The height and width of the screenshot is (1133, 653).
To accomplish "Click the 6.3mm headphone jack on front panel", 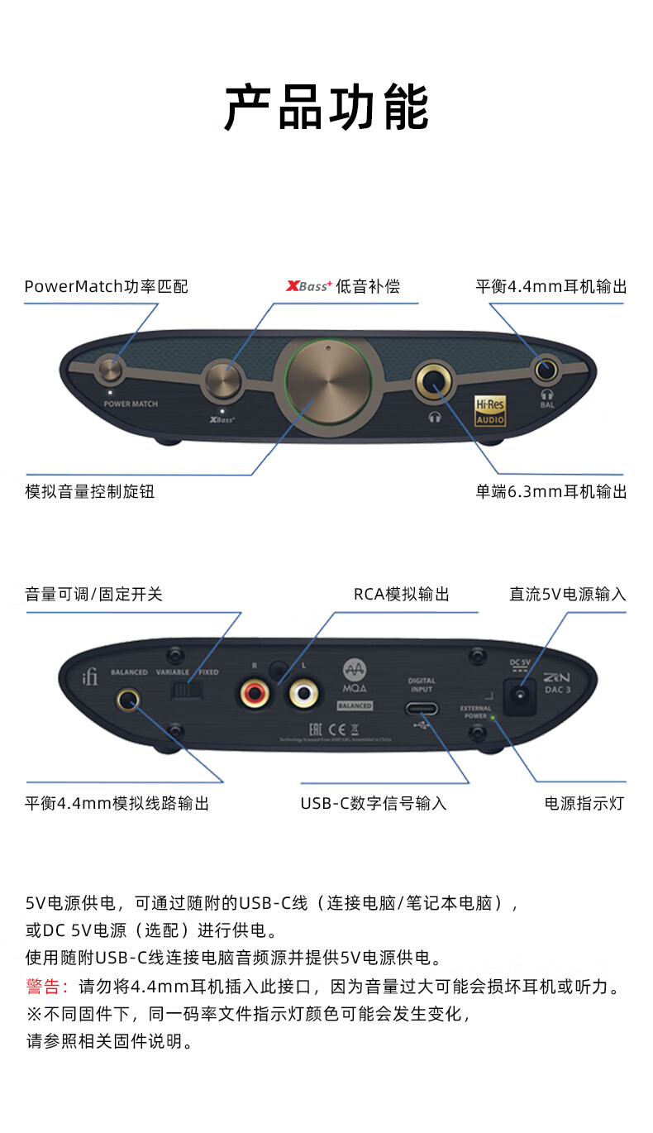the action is click(x=434, y=382).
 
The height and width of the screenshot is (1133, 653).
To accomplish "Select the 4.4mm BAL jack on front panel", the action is click(x=546, y=369).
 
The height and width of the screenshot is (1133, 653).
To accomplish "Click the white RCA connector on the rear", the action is click(x=303, y=693).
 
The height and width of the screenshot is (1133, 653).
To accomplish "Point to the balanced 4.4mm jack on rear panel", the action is click(x=127, y=700).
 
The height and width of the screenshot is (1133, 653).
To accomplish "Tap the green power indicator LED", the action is click(x=493, y=717).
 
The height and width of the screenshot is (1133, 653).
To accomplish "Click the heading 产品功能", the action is click(x=326, y=108).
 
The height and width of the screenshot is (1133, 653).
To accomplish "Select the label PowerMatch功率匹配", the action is click(x=107, y=287).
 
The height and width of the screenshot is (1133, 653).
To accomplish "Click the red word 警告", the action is click(x=47, y=987).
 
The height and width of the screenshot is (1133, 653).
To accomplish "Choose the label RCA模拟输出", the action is click(x=402, y=594).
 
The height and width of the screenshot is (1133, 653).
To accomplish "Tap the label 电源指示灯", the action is click(x=584, y=803).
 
